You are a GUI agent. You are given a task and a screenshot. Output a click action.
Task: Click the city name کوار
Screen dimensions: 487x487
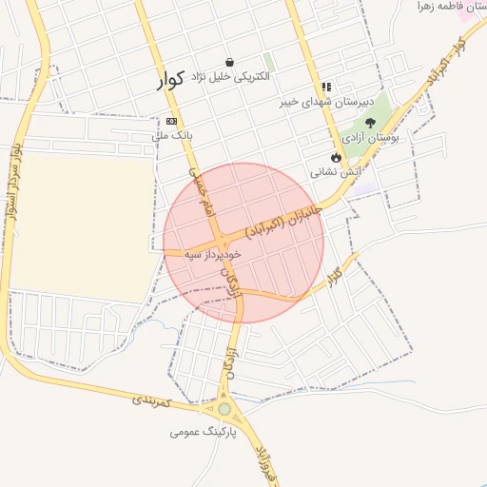click(173, 80)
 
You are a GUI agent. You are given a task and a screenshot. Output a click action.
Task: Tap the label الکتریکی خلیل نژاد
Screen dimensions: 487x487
click(230, 74)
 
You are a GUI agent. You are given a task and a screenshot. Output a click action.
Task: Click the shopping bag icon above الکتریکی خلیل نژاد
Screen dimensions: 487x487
click(229, 62)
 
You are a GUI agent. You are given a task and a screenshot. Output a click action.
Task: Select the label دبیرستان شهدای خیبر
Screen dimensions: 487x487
click(328, 101)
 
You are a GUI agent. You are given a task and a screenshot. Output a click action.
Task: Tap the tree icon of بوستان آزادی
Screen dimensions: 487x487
click(370, 123)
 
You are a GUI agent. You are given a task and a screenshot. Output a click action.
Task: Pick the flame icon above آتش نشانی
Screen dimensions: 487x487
click(336, 157)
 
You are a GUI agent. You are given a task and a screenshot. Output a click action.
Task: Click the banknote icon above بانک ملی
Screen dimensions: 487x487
click(171, 121)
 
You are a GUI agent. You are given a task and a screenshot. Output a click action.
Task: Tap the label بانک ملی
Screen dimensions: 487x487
click(172, 135)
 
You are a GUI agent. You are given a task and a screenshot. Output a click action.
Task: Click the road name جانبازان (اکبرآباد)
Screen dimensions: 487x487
click(284, 224)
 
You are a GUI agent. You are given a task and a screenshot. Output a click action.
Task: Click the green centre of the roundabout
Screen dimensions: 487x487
click(224, 409)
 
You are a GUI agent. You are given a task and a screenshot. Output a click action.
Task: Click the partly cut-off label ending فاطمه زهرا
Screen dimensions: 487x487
click(455, 7)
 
